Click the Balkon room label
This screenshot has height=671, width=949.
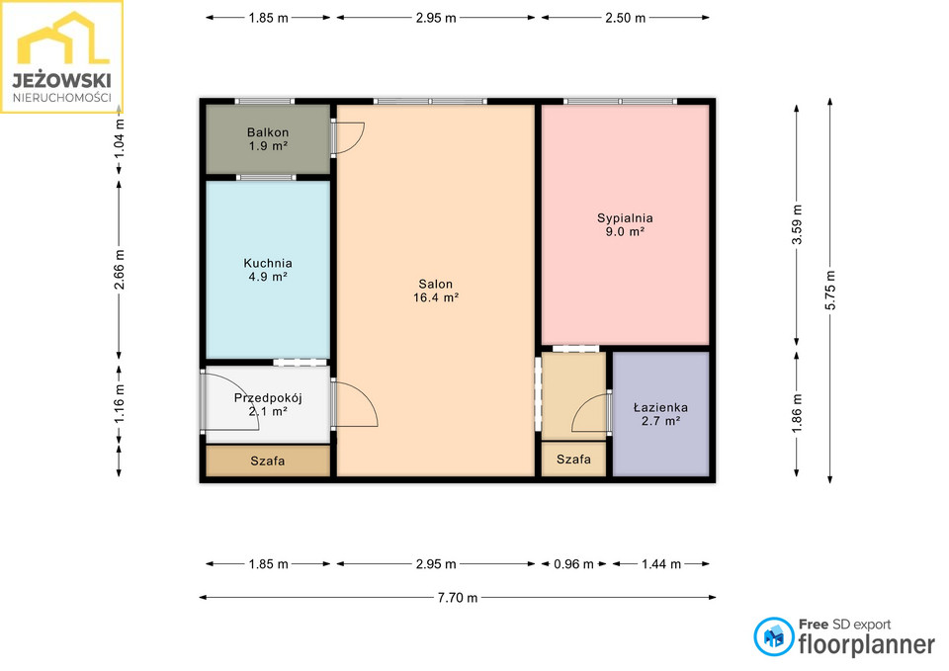268,138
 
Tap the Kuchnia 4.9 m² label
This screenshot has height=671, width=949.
268,270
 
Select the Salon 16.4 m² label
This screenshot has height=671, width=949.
436,291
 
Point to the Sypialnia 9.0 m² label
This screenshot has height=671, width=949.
625,224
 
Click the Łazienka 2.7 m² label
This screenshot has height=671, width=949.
660,414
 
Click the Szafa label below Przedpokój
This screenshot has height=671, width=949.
268,461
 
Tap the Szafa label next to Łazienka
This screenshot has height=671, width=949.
573,460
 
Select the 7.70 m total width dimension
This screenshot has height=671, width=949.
458,598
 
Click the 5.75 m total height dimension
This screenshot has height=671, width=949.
830,291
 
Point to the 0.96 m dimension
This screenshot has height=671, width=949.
573,564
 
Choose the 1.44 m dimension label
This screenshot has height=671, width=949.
661,564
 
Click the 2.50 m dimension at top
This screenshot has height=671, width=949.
625,18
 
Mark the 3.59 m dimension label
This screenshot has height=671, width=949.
797,224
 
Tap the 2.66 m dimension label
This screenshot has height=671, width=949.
120,269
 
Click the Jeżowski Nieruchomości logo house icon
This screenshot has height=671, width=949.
63,39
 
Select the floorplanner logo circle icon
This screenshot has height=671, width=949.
773,636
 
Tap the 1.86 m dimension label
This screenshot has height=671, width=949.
797,413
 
